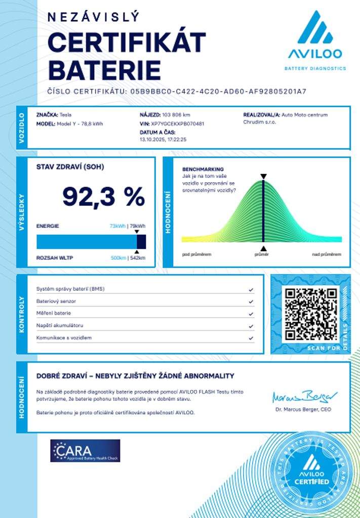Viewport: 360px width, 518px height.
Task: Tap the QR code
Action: [311, 314]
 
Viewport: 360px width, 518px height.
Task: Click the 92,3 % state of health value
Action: [104, 196]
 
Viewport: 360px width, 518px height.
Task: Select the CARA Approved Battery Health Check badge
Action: [85, 450]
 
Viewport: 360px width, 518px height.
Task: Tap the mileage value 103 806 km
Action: [176, 115]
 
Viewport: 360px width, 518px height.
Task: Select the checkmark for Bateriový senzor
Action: [251, 301]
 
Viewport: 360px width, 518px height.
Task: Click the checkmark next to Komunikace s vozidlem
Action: [251, 338]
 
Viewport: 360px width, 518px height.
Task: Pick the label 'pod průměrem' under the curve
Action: [196, 254]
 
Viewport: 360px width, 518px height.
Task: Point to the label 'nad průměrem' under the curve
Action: [327, 254]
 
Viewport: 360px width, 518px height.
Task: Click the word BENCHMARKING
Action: [203, 169]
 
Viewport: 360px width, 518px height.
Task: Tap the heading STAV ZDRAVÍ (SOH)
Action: [70, 166]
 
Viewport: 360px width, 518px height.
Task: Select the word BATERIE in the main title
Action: [104, 70]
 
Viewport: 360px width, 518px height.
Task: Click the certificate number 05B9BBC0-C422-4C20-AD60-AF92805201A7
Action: [218, 92]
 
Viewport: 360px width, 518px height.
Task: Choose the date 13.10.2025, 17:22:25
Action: [163, 139]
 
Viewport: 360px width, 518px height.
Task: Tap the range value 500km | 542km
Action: [128, 258]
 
